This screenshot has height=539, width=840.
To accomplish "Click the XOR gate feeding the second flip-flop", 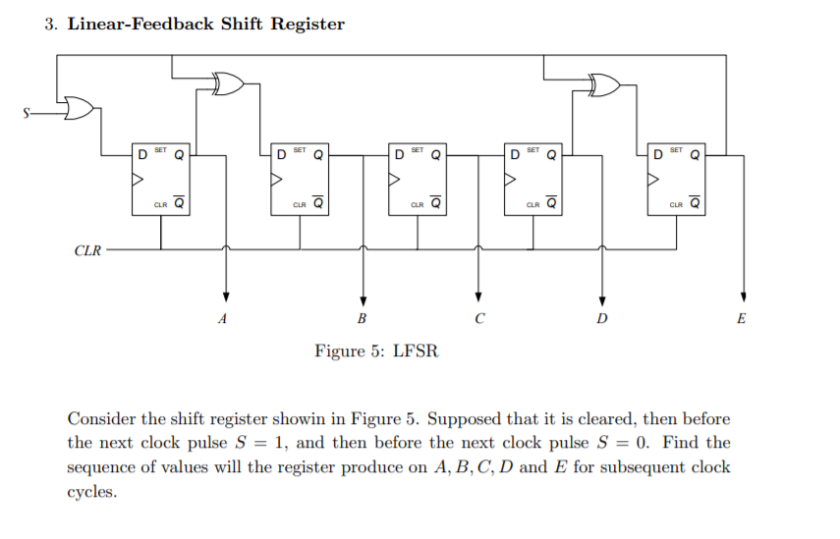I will pos(227,84).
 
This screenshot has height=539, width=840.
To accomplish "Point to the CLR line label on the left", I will pos(87,250).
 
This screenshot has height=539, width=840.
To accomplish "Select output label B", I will pos(362,318).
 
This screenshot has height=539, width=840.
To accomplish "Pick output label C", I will pos(478,318).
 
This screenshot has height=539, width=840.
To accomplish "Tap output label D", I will pos(601,318).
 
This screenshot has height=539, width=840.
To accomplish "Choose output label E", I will pos(741,318).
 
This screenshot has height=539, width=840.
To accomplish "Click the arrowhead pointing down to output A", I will pos(227,296).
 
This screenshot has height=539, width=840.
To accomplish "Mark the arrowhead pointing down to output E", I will pos(744,296).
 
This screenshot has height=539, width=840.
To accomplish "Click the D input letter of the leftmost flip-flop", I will pos(142,154).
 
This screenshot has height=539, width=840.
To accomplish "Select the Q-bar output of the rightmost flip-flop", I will pos(695,204).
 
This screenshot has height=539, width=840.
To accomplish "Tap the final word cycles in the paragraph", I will pos(91,491).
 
